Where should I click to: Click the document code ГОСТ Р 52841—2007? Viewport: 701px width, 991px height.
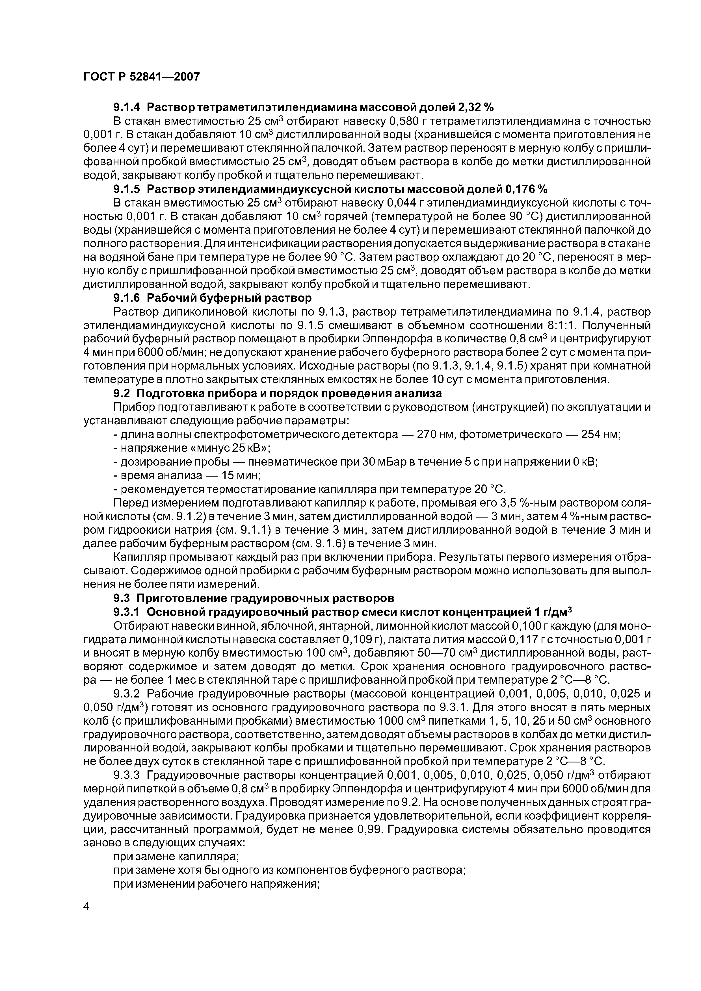[141, 77]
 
